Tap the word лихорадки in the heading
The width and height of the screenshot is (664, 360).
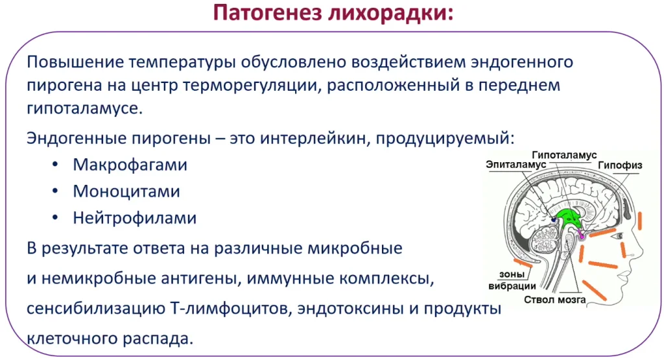coord(390,14)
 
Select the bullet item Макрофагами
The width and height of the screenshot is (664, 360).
coord(130,165)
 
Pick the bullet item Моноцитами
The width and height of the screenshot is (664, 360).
coord(126,192)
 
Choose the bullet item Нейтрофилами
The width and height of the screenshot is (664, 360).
coord(135,219)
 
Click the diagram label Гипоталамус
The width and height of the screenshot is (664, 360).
coord(564,156)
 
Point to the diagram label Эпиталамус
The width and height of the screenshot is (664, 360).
coord(516,165)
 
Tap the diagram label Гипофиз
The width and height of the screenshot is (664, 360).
coord(620,165)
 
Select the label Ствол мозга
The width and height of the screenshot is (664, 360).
coord(555,300)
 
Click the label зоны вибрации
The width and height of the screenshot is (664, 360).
coord(512,280)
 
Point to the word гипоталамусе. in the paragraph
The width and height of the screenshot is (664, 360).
coord(85,109)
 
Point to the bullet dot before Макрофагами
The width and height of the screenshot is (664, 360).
coord(55,165)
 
